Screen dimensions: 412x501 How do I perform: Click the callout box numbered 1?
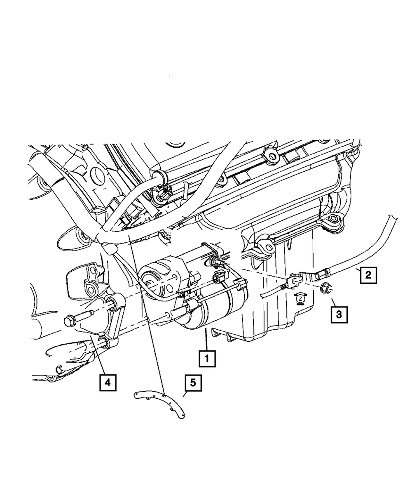point(207,359)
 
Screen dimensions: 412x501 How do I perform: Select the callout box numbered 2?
point(368,274)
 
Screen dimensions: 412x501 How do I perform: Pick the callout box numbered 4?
point(107,383)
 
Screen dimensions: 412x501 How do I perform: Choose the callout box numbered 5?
point(193,383)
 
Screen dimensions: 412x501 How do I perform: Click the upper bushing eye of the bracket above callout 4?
point(111,305)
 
